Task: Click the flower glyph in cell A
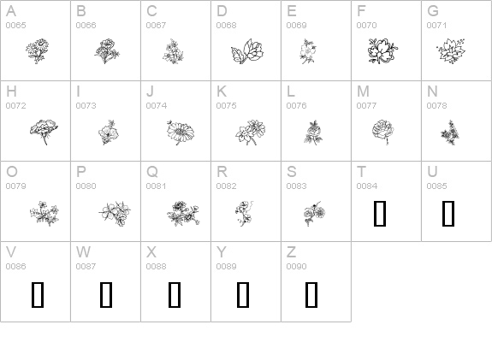[x=38, y=51]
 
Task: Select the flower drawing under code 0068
[x=247, y=51]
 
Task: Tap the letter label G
[x=433, y=11]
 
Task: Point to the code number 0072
[x=15, y=106]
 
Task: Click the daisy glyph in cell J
[x=181, y=132]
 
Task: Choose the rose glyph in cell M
[x=382, y=132]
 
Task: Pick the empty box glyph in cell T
[x=380, y=214]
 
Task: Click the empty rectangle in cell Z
[x=311, y=295]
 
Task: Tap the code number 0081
[x=156, y=186]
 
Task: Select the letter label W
[x=83, y=252]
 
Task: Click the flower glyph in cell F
[x=382, y=51]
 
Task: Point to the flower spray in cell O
[x=44, y=214]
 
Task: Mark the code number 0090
[x=296, y=266]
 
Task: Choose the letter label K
[x=222, y=91]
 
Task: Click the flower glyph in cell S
[x=314, y=214]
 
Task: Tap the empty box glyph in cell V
[x=38, y=295]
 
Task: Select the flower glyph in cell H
[x=44, y=132]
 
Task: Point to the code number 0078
[x=436, y=106]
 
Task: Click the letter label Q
[x=152, y=172]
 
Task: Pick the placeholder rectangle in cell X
[x=175, y=295]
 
